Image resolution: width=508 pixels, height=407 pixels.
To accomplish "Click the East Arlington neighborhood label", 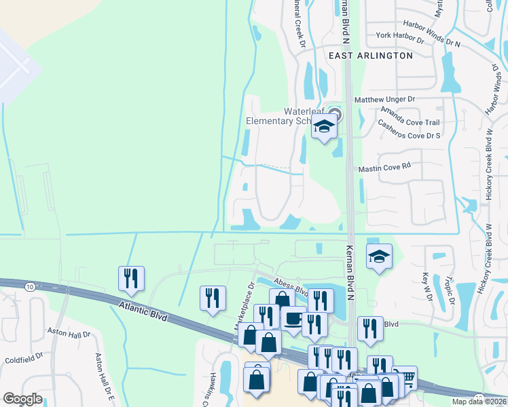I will coord(370,56).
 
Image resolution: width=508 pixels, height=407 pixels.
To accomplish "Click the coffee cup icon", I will coord(294,318).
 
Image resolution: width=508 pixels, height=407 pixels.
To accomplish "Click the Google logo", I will coord(23,398).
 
